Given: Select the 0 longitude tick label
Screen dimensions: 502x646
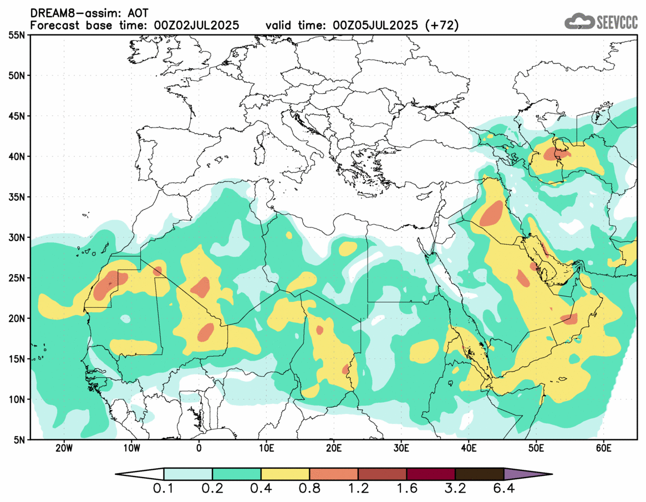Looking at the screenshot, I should click(x=199, y=448).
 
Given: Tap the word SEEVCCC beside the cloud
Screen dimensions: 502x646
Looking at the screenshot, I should click(x=617, y=22).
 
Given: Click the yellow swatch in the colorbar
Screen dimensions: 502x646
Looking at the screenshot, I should click(x=285, y=474).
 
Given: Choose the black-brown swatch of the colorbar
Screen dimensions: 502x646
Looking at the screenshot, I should click(x=479, y=474).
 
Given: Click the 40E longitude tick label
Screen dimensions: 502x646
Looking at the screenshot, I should click(x=469, y=448).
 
